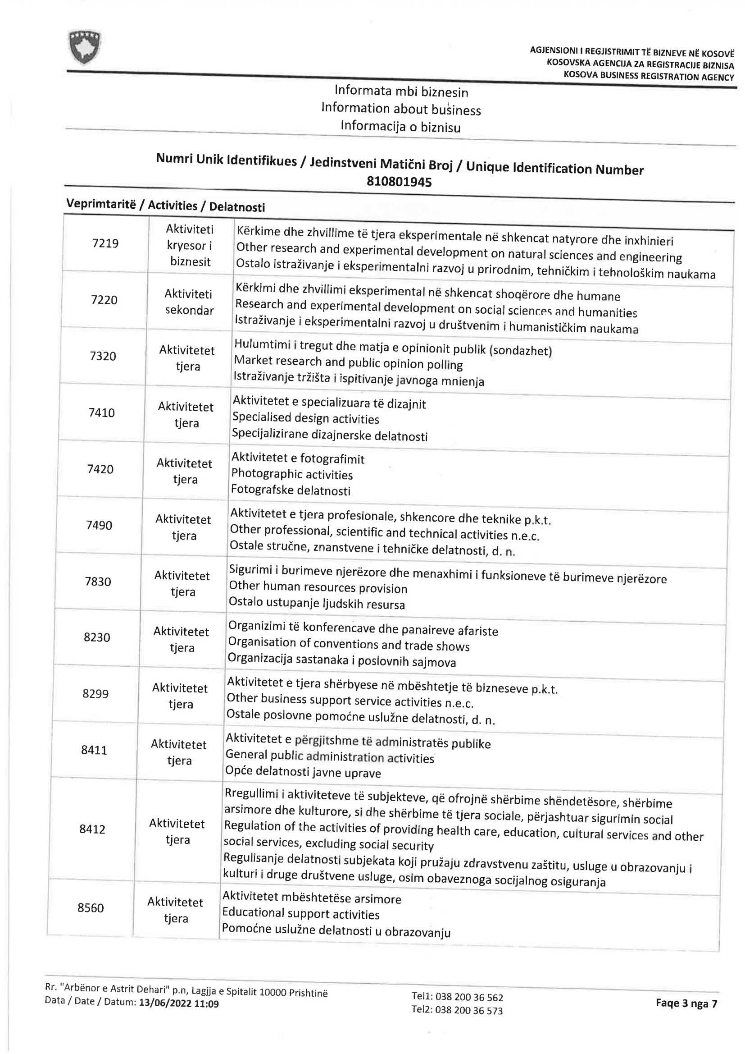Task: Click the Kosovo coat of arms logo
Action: pos(84,46)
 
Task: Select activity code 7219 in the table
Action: pos(105,243)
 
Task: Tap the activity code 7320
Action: pos(103,356)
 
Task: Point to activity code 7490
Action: pos(99,525)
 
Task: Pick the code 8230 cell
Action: pos(97,637)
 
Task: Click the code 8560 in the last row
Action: pos(91,907)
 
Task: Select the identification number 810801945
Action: pos(399,182)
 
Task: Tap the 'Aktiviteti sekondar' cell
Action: pos(189,302)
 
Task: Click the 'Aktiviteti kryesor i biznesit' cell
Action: pos(190,246)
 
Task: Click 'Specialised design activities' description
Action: pos(305,418)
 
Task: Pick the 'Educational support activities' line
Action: pos(301,913)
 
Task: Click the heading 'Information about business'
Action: pos(401,109)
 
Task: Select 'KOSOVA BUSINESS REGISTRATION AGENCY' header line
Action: pos(649,76)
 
